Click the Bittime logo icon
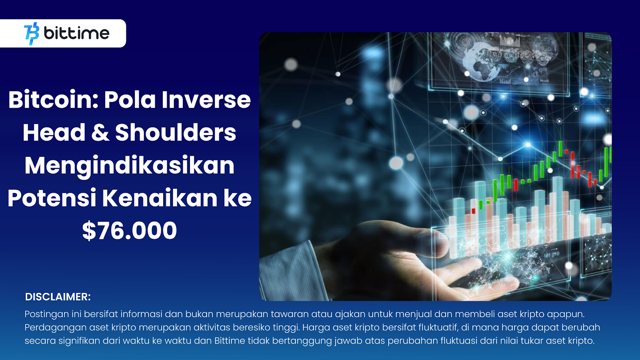point(32,34)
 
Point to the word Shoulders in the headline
point(176,132)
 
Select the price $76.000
point(130,230)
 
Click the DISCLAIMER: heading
point(58,297)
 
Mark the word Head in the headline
point(54,132)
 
